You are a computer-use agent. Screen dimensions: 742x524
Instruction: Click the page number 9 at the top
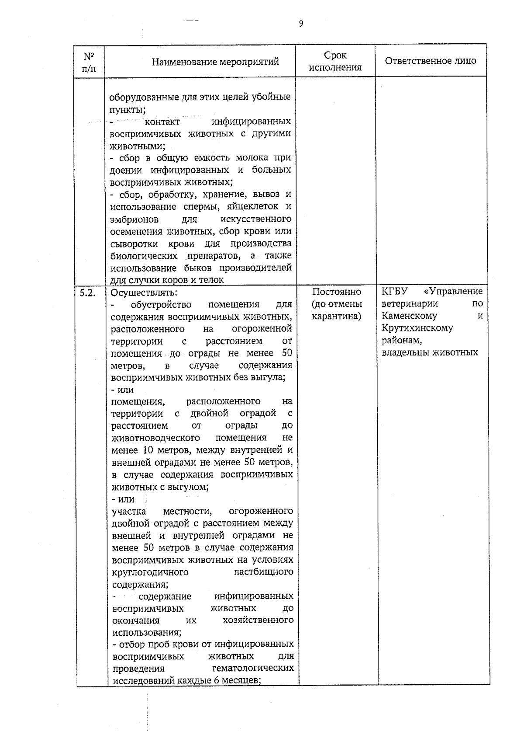coord(301,24)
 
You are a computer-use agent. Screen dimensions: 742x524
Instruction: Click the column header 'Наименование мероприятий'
coord(215,62)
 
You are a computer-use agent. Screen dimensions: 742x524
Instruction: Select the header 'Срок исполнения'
coord(335,61)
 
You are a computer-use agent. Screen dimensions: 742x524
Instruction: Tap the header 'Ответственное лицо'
coord(430,61)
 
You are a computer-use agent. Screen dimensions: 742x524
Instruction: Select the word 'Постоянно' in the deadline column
coord(337,292)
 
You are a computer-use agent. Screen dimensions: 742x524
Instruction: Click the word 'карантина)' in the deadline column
coord(336,316)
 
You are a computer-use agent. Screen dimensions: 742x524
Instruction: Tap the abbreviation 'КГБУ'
coord(394,291)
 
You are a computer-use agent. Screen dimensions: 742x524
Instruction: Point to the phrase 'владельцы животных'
coord(430,352)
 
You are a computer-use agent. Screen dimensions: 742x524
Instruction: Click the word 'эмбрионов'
coord(134,219)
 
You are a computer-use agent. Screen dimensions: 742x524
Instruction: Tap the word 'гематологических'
coord(252,669)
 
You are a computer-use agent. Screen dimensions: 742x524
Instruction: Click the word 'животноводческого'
coord(156,438)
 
